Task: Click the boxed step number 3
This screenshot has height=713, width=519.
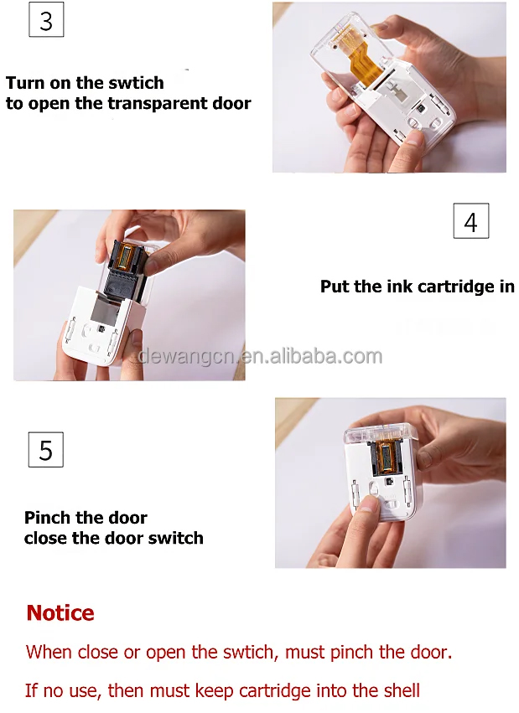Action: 46,20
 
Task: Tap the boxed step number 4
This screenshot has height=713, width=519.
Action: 470,221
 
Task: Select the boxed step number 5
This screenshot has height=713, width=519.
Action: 46,450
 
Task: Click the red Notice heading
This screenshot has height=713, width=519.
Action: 60,613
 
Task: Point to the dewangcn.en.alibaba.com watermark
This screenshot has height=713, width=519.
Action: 260,356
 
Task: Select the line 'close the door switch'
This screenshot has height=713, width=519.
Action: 113,538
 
